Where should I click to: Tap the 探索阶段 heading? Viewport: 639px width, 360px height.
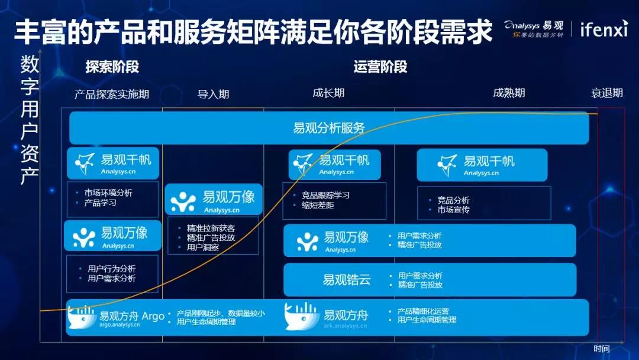[112, 67]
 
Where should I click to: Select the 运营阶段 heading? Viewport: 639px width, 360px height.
[380, 67]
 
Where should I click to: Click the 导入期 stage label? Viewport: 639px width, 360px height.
[213, 95]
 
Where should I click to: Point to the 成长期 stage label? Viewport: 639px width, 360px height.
[328, 94]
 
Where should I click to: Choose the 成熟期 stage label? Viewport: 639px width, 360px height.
[509, 94]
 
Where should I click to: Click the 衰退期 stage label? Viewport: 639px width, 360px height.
[607, 94]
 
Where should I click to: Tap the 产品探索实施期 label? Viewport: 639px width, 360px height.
[112, 95]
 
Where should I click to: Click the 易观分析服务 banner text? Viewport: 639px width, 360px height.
[329, 128]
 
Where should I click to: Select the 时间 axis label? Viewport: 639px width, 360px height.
[602, 349]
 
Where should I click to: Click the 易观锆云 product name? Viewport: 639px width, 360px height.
[347, 279]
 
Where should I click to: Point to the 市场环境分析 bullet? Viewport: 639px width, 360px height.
[108, 192]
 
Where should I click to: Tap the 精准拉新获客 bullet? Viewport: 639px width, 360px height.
[211, 228]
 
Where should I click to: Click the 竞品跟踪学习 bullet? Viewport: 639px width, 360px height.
[325, 195]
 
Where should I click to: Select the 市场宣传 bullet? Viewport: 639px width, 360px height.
[454, 210]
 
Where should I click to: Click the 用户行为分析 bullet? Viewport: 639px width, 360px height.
[112, 269]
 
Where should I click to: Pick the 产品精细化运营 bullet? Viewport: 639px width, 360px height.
[423, 311]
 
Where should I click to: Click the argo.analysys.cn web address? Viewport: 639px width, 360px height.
[120, 325]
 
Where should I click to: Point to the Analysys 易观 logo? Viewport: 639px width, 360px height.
[534, 28]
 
